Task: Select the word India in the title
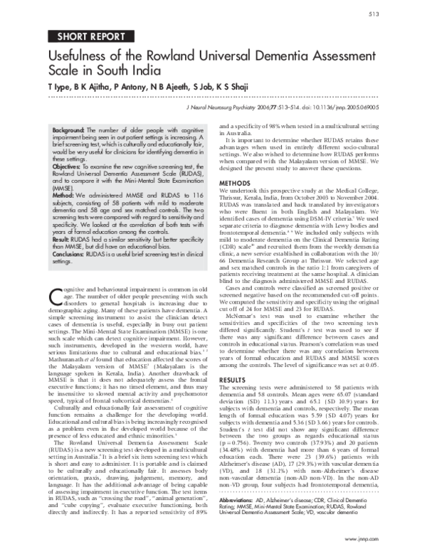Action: click(152, 72)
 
